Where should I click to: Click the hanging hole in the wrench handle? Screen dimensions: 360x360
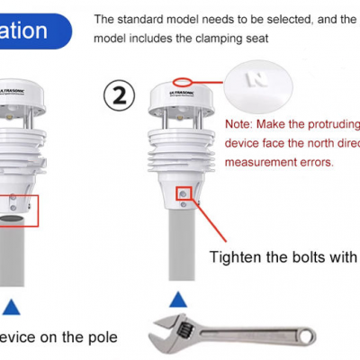pyautogui.click(x=306, y=339)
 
